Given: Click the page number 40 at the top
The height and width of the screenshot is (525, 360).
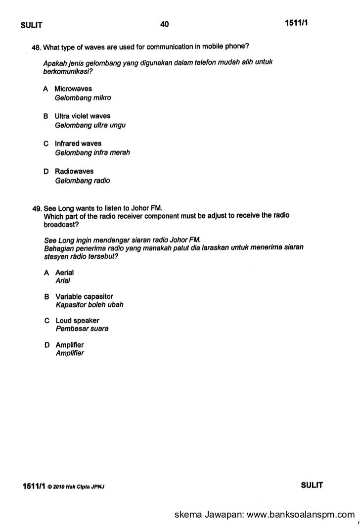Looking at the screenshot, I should coord(165,24).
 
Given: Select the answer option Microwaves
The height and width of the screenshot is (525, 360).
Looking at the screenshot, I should coord(73,89).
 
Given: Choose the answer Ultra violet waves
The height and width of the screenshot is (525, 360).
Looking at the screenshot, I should coord(82,116).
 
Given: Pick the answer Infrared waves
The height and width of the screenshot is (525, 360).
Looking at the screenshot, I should coord(78,144).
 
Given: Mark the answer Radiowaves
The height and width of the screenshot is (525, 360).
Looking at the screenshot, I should coord(74,172).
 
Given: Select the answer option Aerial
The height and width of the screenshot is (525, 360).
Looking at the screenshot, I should coord(64,273).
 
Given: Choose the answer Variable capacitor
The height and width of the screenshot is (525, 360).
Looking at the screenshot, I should coord(84,296).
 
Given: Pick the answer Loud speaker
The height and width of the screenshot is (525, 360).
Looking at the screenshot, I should coord(77,320).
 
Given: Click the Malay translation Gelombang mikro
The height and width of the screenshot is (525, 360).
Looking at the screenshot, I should coord(79,98).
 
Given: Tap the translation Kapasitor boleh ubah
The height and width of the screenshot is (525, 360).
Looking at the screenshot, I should coord(90,305).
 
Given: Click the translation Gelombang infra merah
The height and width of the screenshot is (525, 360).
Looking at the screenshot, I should coord(92,153).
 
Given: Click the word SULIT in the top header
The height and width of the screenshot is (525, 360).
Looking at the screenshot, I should coord(30,25).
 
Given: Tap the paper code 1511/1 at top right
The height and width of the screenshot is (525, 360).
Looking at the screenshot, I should coord(296,24).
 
